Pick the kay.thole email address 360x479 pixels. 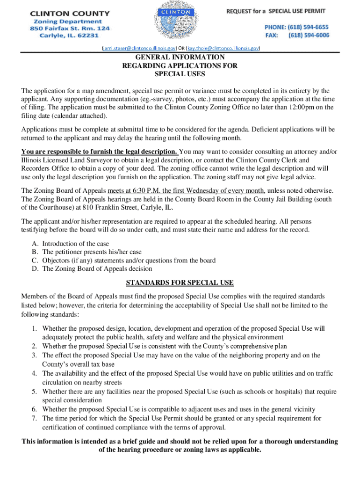[223, 48]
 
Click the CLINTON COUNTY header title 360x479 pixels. [70, 14]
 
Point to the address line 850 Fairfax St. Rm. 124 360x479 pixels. [70, 29]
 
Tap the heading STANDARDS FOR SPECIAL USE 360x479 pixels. [180, 283]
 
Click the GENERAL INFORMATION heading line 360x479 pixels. [180, 58]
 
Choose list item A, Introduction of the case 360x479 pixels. [75, 244]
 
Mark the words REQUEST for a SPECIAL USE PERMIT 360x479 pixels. [276, 11]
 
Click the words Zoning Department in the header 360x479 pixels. [67, 22]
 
